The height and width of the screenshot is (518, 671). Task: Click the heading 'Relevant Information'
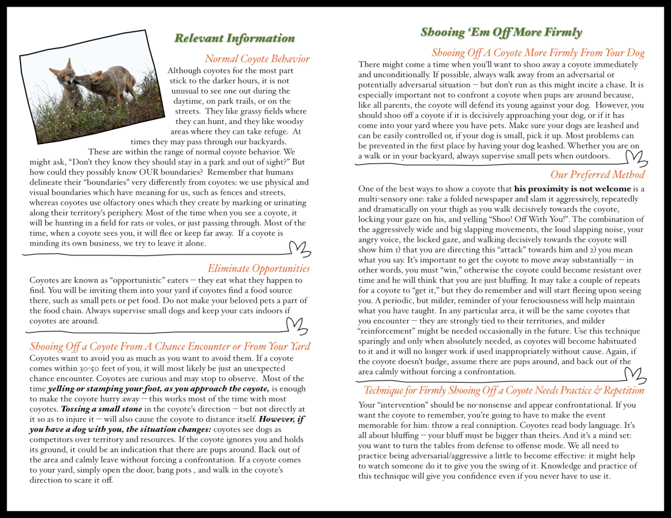[234, 38]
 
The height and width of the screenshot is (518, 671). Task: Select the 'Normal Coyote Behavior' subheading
[257, 58]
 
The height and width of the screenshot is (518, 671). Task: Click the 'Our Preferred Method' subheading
[597, 174]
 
